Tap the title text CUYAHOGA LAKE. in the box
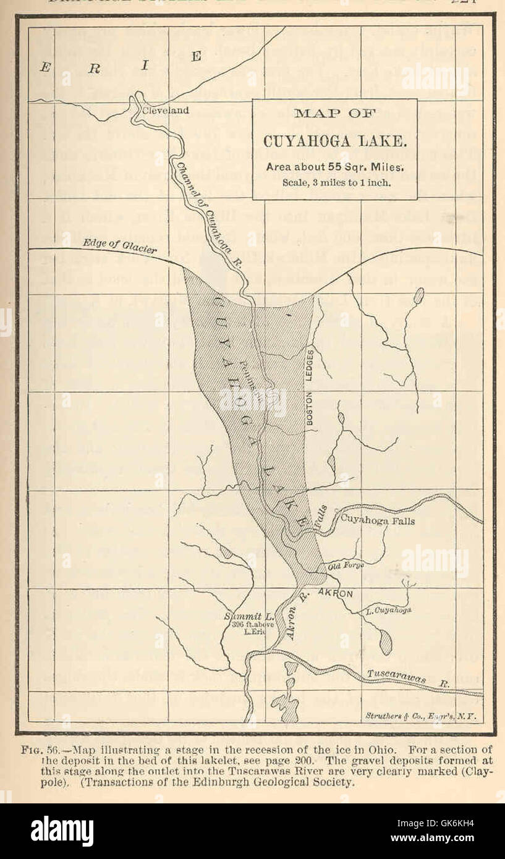coord(334,141)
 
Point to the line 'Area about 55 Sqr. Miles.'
coord(334,167)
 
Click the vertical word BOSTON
coord(310,407)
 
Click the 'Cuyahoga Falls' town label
coord(378,521)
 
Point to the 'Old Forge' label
coord(345,565)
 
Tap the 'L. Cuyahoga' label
coord(388,611)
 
